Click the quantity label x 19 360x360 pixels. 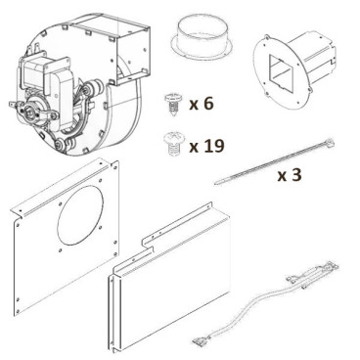[207, 146]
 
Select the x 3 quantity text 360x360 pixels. [290, 176]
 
